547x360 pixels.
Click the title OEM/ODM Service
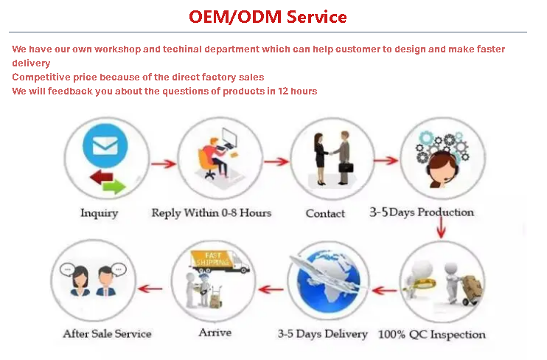click(268, 17)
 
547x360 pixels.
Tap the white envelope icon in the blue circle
click(105, 145)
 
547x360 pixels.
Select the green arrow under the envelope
click(114, 187)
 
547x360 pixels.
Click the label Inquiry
click(99, 213)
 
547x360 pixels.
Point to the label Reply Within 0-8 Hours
click(212, 213)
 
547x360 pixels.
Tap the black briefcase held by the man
click(346, 167)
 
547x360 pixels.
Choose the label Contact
click(325, 213)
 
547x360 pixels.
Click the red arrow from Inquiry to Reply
click(164, 164)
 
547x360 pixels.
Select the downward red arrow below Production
click(442, 228)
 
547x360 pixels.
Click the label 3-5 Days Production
click(422, 212)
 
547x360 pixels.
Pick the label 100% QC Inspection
click(432, 334)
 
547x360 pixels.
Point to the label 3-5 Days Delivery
click(323, 334)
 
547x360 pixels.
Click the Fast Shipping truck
click(220, 262)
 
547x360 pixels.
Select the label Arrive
click(215, 333)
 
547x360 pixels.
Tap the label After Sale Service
click(107, 334)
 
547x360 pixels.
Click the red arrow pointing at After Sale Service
click(150, 288)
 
